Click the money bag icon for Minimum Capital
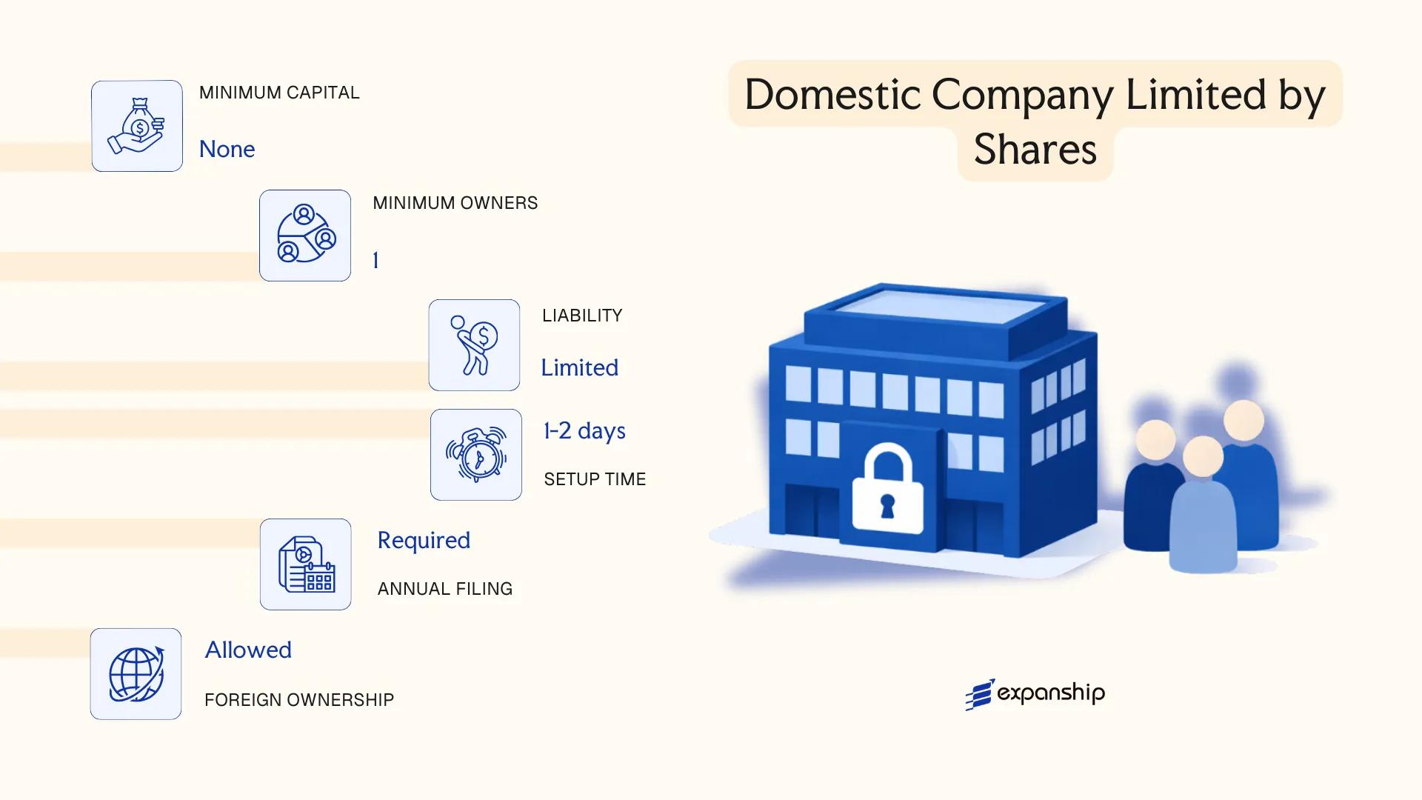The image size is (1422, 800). (137, 126)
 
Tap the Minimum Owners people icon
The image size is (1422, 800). (305, 236)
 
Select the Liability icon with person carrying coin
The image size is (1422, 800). (474, 345)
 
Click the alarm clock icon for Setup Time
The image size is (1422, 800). (476, 455)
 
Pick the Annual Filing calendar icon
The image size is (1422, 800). (306, 564)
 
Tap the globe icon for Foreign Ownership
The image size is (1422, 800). (136, 674)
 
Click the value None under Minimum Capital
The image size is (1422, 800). (227, 150)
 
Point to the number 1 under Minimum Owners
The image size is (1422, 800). (375, 261)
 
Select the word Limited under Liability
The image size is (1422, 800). (579, 368)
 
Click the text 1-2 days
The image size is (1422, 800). (584, 431)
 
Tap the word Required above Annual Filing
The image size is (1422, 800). (424, 541)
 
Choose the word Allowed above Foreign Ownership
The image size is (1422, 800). (248, 650)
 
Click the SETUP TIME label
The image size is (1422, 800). (595, 479)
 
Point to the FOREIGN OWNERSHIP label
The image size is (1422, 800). (299, 700)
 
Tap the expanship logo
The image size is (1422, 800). (1035, 694)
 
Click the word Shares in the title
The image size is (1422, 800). (1035, 150)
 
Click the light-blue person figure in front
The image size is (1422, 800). (1203, 511)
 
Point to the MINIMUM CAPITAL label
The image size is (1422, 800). (279, 93)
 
